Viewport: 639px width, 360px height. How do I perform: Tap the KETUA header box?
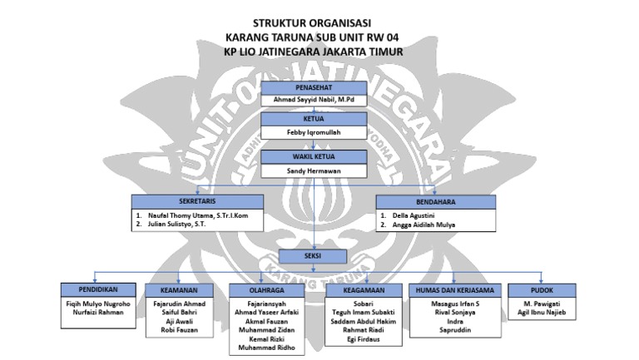(312, 120)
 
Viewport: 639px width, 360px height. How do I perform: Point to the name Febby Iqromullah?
(312, 132)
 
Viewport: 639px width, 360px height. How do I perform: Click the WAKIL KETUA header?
(312, 155)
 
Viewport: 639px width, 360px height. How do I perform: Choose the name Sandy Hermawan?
(312, 169)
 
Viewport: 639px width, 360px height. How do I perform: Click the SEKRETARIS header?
(198, 201)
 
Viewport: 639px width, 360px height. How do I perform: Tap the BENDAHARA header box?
(436, 201)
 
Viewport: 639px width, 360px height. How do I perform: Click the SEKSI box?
(312, 256)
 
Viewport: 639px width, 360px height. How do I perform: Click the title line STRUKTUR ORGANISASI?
(313, 22)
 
